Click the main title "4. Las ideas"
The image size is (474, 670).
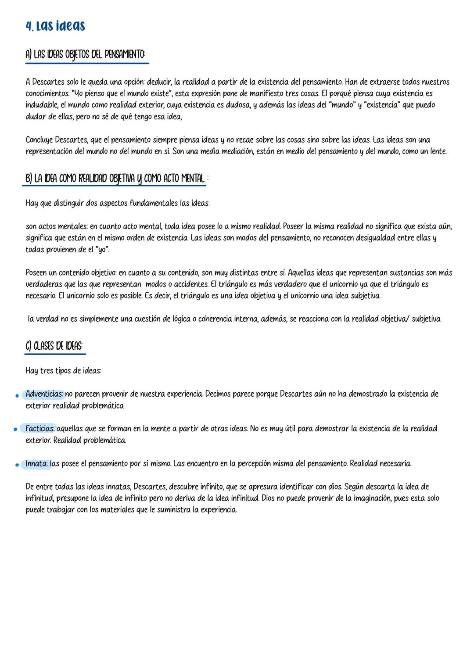(55, 26)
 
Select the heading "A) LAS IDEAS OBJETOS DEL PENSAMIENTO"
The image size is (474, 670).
(85, 54)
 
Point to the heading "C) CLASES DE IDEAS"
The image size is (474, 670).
(54, 346)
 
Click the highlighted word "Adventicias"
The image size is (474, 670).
(44, 394)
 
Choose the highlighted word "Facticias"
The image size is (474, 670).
(40, 429)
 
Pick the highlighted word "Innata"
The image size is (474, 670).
(37, 464)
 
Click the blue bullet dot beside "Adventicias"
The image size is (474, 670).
(17, 395)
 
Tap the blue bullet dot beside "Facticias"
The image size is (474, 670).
(15, 430)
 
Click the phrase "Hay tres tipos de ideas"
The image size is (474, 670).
(63, 371)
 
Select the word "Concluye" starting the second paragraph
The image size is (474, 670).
(40, 140)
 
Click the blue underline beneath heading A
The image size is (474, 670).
(87, 63)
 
